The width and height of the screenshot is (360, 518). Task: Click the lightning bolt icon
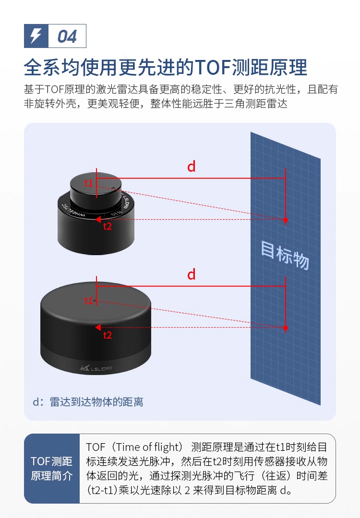click(36, 36)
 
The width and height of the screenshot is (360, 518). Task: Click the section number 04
click(67, 36)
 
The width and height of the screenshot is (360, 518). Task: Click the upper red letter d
click(192, 166)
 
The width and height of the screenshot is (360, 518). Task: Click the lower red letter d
click(192, 274)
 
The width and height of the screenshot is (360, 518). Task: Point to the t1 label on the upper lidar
click(89, 183)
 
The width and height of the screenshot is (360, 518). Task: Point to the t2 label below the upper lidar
click(108, 227)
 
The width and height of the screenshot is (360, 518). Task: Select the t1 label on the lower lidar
click(89, 301)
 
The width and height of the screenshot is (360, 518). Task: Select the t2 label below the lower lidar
click(108, 335)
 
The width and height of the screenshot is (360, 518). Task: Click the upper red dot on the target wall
click(286, 220)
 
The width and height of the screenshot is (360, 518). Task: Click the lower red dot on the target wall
click(286, 328)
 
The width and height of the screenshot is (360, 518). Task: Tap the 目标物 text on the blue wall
click(285, 254)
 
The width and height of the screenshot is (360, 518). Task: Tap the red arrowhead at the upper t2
click(97, 220)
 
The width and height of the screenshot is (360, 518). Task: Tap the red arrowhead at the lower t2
click(97, 328)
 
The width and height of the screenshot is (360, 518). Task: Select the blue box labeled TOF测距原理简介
click(52, 469)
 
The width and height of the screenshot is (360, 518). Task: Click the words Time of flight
click(146, 447)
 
